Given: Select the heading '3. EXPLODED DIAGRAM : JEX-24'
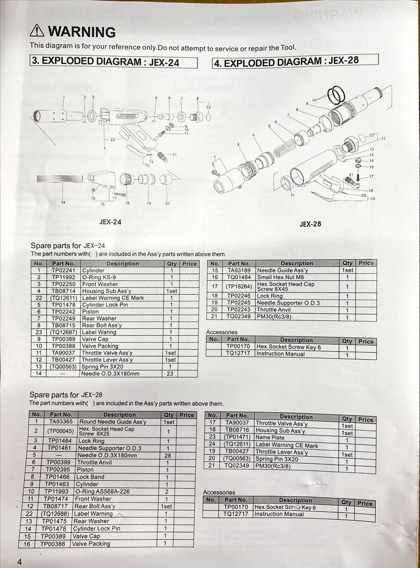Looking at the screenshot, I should click(x=106, y=61).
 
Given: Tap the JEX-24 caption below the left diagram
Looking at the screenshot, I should click(x=110, y=222).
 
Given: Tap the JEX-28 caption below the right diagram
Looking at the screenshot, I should click(x=310, y=224).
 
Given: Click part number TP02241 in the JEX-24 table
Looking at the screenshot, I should click(x=63, y=270).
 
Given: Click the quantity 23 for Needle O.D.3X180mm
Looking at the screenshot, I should click(x=170, y=374).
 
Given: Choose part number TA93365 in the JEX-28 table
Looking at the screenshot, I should click(x=61, y=422).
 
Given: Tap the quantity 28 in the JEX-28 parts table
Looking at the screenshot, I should click(x=167, y=455).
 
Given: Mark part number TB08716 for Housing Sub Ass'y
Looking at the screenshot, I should click(x=236, y=430).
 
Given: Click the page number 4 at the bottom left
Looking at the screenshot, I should click(x=19, y=562).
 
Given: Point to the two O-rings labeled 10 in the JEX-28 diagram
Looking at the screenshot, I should click(x=336, y=96).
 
